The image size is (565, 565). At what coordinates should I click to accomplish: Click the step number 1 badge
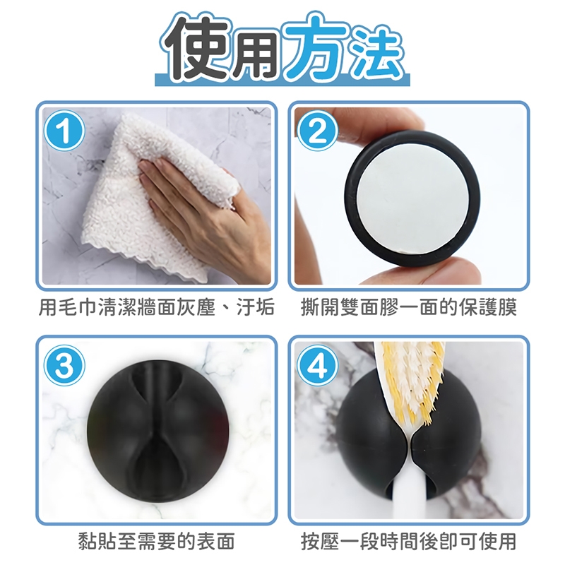(64, 131)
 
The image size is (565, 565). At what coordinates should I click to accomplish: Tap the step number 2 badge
(317, 131)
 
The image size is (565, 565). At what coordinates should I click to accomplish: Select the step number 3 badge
(64, 365)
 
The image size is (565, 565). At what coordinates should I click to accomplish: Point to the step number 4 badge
(317, 365)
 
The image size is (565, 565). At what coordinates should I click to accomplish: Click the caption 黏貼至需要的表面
(157, 541)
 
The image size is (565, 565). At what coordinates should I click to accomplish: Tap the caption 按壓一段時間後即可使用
(409, 541)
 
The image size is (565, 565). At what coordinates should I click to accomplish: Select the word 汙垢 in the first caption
(255, 307)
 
